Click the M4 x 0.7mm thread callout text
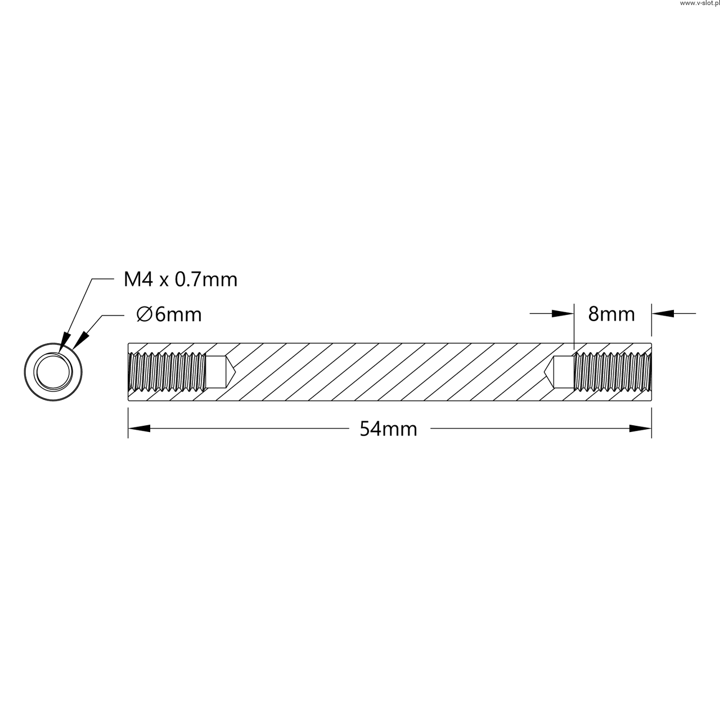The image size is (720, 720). point(181,280)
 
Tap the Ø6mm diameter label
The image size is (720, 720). point(169,314)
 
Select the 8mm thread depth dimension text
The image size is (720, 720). point(611,314)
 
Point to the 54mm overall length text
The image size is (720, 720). point(388,429)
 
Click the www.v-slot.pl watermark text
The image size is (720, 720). point(699,3)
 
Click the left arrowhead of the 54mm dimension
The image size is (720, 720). point(139,429)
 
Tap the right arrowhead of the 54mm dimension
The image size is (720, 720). point(641,429)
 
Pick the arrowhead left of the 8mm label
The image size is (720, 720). point(562,313)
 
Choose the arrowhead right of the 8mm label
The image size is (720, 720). point(663,313)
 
